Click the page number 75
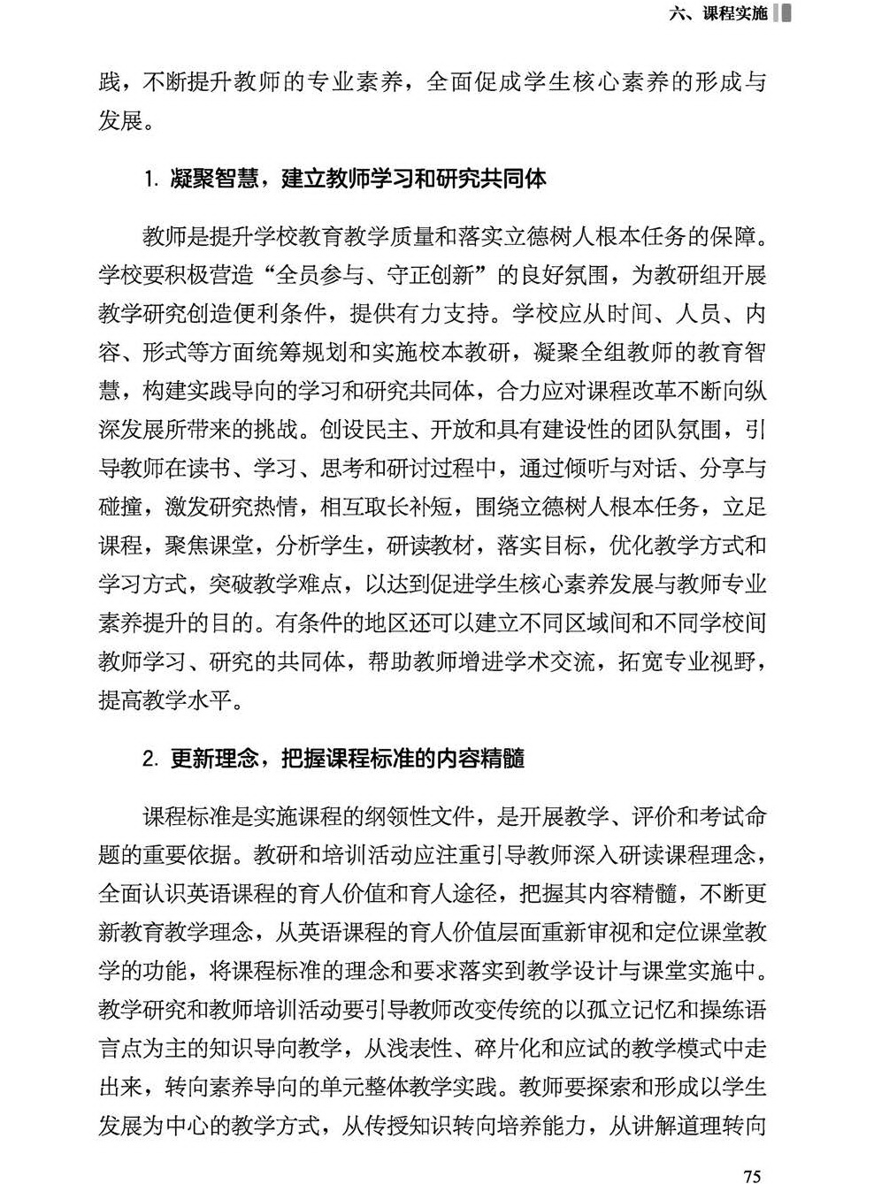click(x=753, y=1175)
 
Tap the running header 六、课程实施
click(x=718, y=13)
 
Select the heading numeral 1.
click(x=150, y=180)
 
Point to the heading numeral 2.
click(x=151, y=759)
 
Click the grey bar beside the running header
click(x=782, y=13)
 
